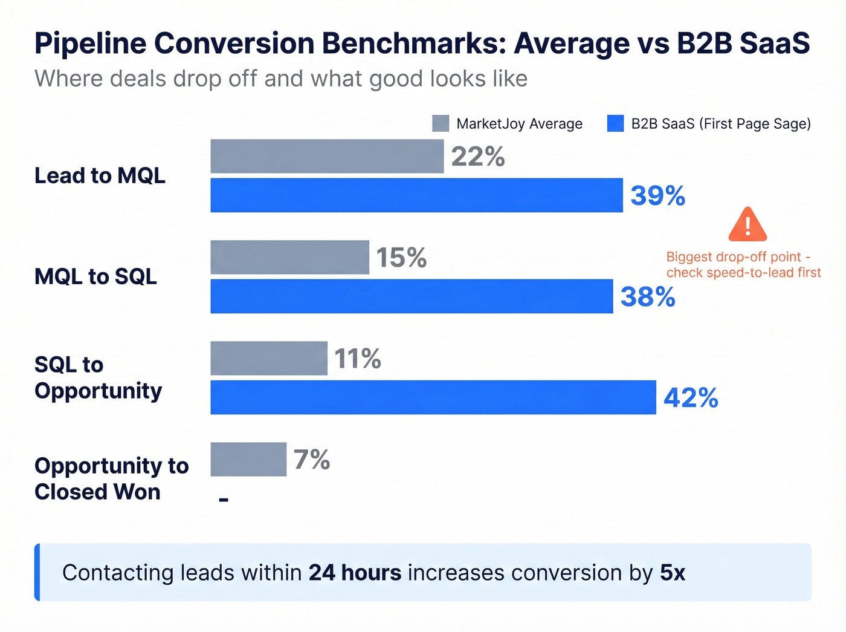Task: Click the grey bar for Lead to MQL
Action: pos(327,156)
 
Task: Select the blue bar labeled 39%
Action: pos(416,195)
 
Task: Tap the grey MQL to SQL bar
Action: pos(289,257)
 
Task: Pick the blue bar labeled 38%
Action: pos(412,296)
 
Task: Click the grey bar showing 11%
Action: pos(269,358)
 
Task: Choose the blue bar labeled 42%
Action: pos(433,397)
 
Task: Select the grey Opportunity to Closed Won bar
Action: pos(248,459)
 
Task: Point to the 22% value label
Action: pos(477,157)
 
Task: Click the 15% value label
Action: pos(401,258)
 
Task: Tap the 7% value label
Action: pos(312,460)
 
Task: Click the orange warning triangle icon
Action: pos(748,225)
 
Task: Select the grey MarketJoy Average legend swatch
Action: pos(441,123)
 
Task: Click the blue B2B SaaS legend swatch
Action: pos(615,123)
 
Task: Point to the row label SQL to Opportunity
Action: pos(98,377)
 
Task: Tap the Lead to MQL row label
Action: pos(100,175)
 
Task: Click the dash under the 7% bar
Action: pos(224,500)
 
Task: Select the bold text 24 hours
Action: pos(355,572)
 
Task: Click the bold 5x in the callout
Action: pos(672,572)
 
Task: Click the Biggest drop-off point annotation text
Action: pos(743,264)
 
